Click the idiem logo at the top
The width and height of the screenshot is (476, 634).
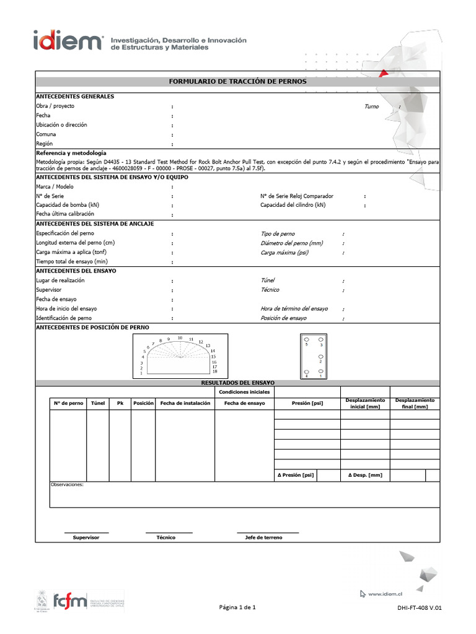[x=68, y=42]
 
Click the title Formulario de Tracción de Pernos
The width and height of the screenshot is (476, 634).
[x=238, y=81]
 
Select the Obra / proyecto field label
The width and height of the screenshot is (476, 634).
[x=55, y=106]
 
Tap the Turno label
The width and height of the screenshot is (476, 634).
[x=371, y=106]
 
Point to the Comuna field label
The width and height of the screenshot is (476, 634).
[x=46, y=134]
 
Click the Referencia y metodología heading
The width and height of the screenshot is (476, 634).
[x=71, y=153]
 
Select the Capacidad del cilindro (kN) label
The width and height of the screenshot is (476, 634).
[x=293, y=205]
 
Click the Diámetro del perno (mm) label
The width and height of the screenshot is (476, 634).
[x=292, y=243]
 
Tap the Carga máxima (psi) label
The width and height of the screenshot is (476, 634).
[x=284, y=253]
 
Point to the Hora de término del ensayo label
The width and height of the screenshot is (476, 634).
[x=294, y=308]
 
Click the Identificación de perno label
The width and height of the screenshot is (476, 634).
[x=64, y=318]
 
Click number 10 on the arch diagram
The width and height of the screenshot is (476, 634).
[x=180, y=338]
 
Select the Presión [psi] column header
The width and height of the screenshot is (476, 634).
[x=307, y=403]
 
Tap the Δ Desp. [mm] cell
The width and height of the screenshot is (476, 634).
[x=365, y=475]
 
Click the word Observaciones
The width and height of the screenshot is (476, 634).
[x=66, y=485]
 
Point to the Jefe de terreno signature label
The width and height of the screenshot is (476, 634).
[x=264, y=537]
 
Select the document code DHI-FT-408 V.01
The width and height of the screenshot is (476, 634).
[x=420, y=609]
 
